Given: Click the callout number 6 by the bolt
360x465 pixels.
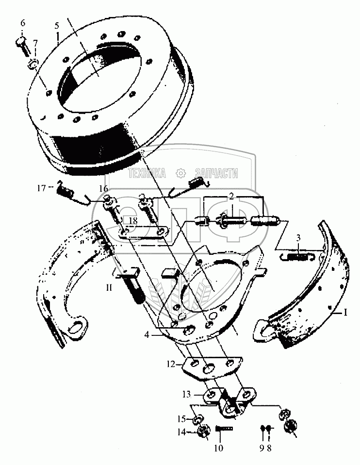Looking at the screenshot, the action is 22,23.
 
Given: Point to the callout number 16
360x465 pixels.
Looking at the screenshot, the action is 103,188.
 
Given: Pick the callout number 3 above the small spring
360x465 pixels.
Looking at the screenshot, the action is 298,238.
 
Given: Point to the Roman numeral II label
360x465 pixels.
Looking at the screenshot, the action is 110,287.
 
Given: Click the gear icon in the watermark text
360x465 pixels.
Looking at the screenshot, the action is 180,173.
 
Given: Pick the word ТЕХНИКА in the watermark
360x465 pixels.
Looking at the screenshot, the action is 147,173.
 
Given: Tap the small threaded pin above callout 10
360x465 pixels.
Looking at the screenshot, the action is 224,428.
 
